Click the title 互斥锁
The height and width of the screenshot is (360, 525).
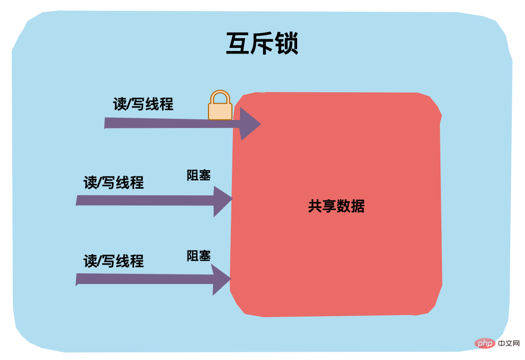point(262,44)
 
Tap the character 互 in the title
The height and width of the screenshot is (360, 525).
point(238,44)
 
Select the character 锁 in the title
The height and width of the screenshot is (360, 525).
point(286,44)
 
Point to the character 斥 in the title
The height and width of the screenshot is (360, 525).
point(262,44)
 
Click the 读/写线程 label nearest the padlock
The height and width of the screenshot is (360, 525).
point(143,104)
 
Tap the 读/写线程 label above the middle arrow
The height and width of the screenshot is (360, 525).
point(114,182)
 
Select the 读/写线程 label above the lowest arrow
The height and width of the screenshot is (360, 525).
point(114,261)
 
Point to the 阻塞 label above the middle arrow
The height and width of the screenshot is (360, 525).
point(199,175)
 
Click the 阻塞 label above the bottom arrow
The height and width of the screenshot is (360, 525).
point(199,255)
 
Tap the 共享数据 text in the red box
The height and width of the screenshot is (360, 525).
point(336,206)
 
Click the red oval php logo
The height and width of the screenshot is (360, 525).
point(485,343)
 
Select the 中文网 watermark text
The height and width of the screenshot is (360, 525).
point(509,343)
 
